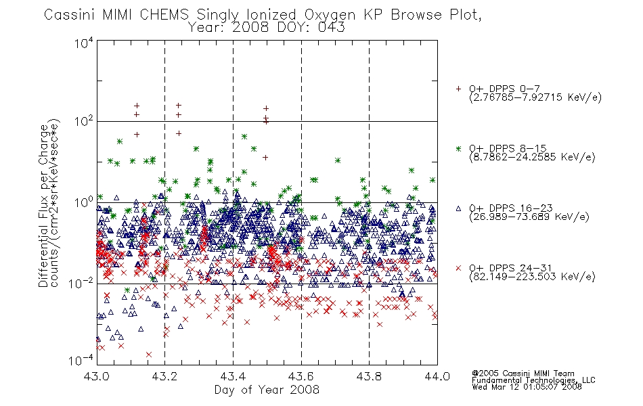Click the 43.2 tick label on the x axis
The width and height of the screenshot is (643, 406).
coord(164,376)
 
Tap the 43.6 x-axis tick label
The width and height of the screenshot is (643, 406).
coord(301,376)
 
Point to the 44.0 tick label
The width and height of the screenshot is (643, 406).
coord(437,376)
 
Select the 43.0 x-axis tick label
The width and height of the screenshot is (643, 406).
coord(96,376)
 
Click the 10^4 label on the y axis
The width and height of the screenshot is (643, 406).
coord(84,42)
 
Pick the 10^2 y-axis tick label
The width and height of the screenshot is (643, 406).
coord(84,121)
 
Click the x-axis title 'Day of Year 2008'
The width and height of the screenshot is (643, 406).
coord(267,390)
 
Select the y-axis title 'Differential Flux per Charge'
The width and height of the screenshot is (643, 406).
coord(44,206)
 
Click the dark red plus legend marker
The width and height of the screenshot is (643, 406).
coord(458,89)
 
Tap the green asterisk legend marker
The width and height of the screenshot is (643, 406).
coord(458,148)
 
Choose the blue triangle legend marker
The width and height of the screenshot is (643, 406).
coord(458,208)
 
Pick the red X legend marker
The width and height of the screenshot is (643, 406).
coord(458,268)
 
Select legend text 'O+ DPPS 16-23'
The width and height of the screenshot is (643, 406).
coord(511,208)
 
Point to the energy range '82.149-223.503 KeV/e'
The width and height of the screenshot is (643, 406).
coord(532,277)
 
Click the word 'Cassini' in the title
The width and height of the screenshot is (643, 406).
coord(70,15)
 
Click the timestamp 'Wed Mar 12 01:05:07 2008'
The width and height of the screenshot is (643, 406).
coord(527,386)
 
